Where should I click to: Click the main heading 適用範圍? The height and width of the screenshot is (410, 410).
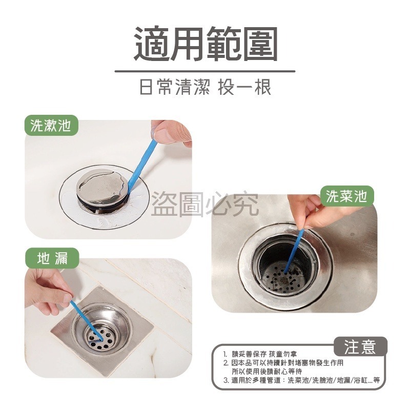pos(205,45)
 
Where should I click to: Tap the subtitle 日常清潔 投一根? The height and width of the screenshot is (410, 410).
pos(205,88)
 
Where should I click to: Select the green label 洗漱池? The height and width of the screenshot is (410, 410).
pos(51,126)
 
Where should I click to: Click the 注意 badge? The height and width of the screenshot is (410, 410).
pos(360,347)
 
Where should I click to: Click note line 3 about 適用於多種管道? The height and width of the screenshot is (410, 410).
pos(302,380)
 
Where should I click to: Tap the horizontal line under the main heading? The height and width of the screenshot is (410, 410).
pos(205,71)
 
